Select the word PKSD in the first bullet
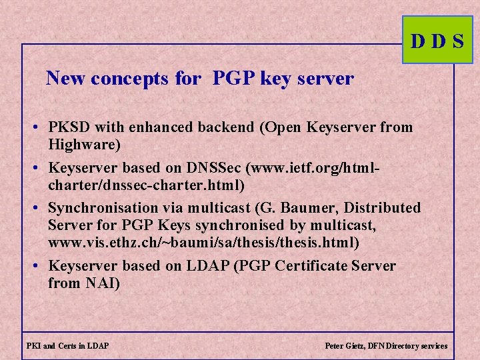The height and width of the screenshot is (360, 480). coord(69,127)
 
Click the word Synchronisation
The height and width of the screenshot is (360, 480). coord(99,208)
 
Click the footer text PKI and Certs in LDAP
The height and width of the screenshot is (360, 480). coord(68,346)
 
